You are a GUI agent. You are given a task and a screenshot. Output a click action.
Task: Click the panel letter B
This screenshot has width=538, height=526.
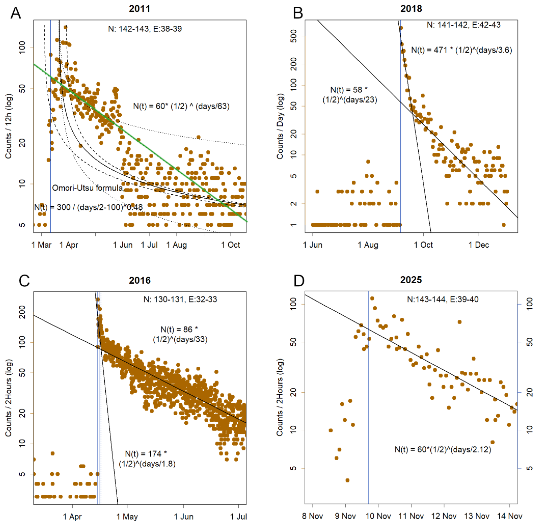click(x=298, y=13)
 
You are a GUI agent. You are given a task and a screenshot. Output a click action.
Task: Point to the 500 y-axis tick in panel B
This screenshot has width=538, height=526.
click(x=294, y=36)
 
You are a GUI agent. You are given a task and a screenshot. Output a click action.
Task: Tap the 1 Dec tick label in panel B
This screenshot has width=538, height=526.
click(x=479, y=245)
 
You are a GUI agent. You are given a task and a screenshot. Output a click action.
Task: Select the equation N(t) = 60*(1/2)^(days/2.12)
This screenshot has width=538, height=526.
click(x=443, y=450)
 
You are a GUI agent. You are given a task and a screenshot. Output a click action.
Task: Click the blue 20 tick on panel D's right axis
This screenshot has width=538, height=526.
click(x=529, y=392)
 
